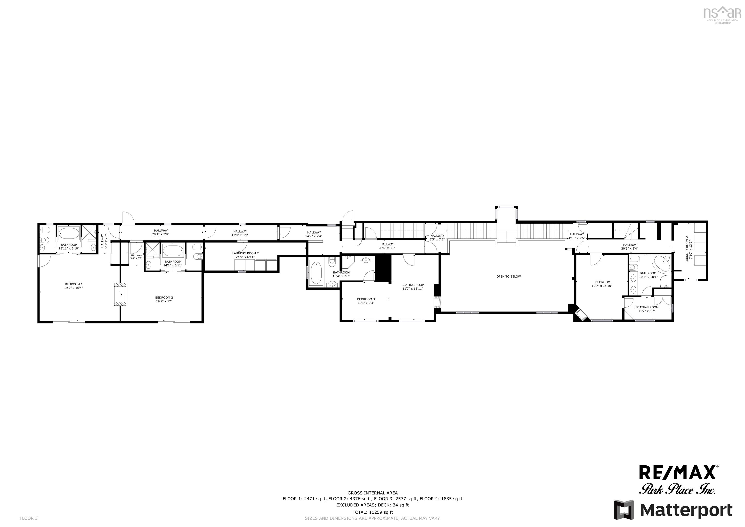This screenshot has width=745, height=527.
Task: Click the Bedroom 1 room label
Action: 73,286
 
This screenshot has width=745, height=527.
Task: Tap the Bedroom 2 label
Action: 164,299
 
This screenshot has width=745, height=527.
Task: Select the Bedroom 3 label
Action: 366,301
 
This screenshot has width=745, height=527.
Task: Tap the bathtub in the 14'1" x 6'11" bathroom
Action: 173,251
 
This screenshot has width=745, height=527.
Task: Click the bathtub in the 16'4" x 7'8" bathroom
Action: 316,273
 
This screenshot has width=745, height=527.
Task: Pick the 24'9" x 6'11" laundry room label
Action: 245,255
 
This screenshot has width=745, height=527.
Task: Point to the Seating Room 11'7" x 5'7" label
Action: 647,309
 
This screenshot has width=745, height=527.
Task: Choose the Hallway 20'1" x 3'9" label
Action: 161,232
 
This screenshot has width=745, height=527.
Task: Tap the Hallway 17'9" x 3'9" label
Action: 240,233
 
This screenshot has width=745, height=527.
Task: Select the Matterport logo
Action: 673,510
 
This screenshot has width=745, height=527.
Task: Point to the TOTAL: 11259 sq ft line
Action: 372,512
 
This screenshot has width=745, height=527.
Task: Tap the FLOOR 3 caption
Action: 29,518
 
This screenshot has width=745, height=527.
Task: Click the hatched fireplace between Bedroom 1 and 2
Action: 120,294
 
